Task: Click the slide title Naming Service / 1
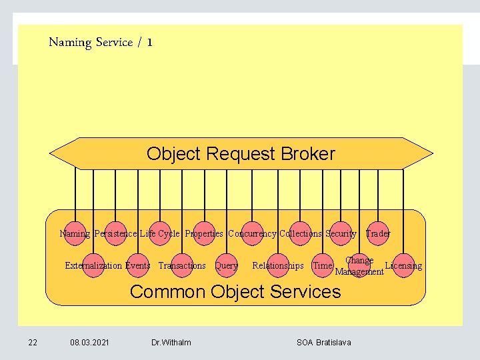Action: coord(101,43)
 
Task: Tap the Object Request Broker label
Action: coord(241,154)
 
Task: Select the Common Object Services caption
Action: coord(235,291)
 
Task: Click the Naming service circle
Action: coord(75,233)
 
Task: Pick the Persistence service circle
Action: coord(116,233)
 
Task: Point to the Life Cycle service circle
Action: coord(160,233)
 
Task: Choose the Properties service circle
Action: coord(204,233)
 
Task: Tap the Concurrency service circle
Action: coord(252,233)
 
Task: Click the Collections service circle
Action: coord(300,233)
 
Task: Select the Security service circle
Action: coord(341,233)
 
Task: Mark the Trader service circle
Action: coord(377,233)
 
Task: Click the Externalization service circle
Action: coord(94,265)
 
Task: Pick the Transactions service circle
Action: coord(182,265)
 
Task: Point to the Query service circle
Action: coord(227,265)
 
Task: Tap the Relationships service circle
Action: coord(277,265)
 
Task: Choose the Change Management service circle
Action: coord(359,266)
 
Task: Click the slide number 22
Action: coord(33,343)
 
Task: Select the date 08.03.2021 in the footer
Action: coord(90,343)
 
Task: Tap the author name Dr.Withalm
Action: coord(171,343)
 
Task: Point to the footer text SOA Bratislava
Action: coord(323,343)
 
